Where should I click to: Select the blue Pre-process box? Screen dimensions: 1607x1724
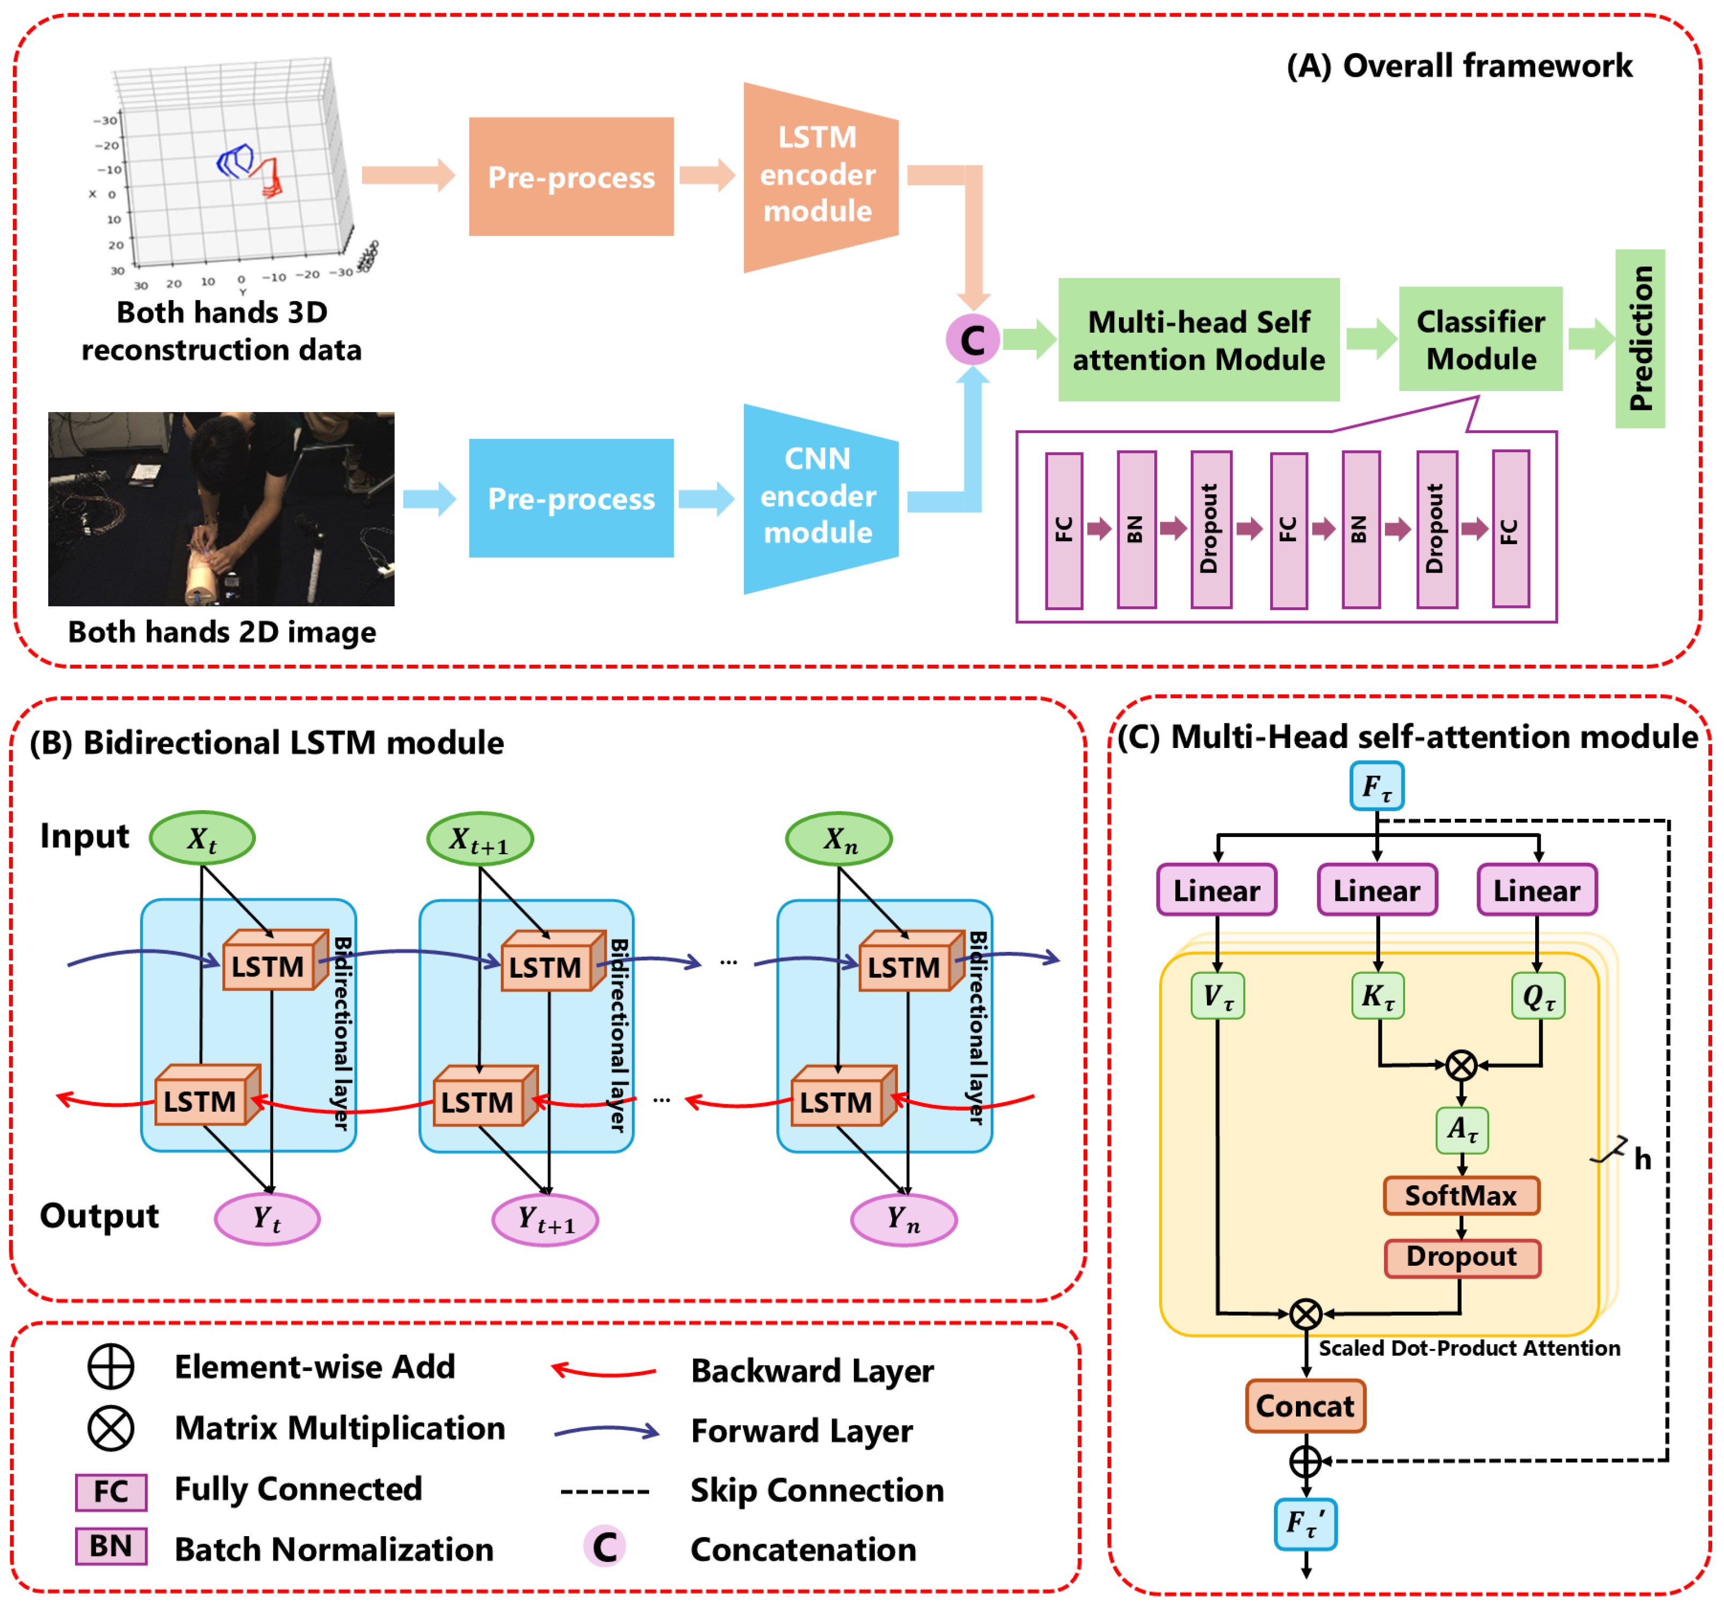point(571,498)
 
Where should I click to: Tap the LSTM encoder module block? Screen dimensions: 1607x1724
point(819,176)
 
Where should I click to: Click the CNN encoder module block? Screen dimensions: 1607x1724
point(819,497)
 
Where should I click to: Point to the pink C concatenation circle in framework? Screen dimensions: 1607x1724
point(972,340)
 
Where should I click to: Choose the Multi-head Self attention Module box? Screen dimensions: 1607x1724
point(1198,340)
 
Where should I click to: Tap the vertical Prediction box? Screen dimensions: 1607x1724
point(1639,338)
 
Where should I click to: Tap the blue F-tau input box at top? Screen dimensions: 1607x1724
point(1376,786)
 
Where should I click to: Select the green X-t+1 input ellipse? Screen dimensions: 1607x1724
point(480,839)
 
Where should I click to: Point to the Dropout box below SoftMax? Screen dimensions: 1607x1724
point(1461,1257)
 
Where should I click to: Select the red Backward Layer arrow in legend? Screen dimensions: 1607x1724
point(605,1371)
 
